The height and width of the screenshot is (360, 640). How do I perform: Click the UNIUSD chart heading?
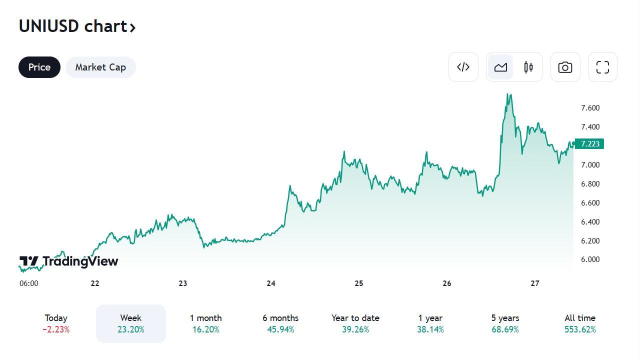tap(77, 26)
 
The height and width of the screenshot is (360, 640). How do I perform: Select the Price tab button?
tap(39, 67)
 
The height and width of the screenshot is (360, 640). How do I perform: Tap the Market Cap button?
tap(100, 67)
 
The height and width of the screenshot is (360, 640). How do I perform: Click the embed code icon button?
tap(463, 67)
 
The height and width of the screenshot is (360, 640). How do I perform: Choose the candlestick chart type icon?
tap(528, 67)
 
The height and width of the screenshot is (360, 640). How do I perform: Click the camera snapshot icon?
tap(565, 67)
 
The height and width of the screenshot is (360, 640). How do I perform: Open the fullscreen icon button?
tap(602, 67)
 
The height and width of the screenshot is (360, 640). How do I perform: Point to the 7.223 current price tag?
tap(590, 144)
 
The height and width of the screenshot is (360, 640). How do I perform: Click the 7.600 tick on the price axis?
tap(590, 108)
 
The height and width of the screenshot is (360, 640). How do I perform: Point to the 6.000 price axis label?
tap(590, 259)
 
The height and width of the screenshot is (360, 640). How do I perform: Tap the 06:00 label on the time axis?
tap(29, 283)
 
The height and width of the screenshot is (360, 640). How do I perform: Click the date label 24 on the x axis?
tap(271, 283)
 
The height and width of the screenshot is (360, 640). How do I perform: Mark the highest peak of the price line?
tap(508, 94)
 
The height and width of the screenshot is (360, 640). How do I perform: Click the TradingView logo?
tap(69, 261)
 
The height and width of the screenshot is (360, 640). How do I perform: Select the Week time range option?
tap(130, 323)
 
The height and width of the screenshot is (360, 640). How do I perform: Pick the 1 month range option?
tap(205, 323)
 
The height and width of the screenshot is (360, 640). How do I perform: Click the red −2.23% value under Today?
tap(56, 330)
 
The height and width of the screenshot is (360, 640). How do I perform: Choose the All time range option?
tap(580, 323)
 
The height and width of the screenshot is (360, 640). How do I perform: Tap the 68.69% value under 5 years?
tap(505, 330)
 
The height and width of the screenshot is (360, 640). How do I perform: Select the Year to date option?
tap(355, 323)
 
